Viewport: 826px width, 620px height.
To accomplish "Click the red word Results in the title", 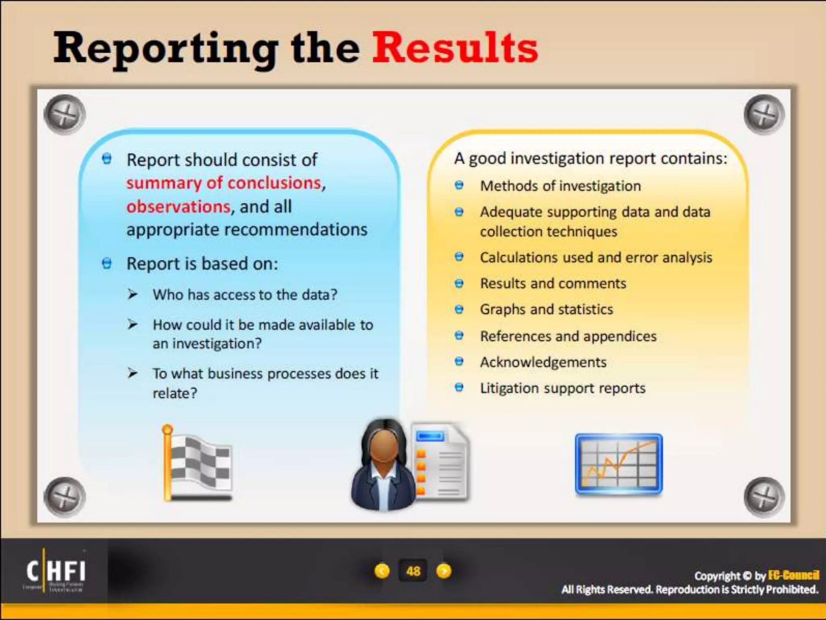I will click(455, 48).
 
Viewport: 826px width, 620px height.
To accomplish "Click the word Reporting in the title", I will click(165, 49).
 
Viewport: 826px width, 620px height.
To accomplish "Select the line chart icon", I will click(618, 464).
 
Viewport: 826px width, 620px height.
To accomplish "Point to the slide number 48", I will click(413, 571).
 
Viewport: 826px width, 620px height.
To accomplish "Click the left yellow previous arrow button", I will click(382, 571).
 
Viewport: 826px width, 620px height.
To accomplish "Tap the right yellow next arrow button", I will click(444, 571).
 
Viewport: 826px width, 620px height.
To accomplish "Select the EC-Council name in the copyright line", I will click(793, 575).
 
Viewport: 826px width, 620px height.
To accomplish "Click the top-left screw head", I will click(65, 115).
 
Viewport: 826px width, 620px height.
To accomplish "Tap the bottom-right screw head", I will click(764, 497).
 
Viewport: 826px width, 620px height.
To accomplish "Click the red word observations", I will click(178, 207).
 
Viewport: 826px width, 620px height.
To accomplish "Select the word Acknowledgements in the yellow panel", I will click(543, 362).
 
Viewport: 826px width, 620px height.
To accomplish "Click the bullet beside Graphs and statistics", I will click(459, 310).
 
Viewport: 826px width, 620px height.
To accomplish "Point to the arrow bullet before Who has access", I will click(132, 294).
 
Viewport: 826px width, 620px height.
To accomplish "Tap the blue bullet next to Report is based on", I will click(106, 264).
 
